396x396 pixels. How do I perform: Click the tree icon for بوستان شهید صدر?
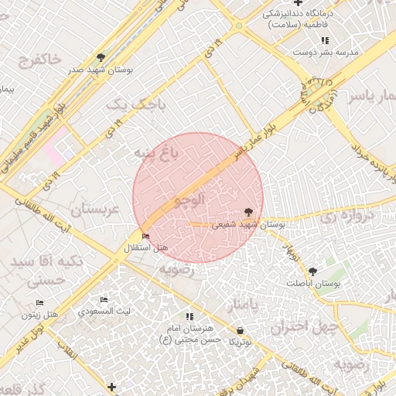coord(101,57)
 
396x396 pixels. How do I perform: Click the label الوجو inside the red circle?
coord(190,200)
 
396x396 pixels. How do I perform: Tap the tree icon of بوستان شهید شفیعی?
coord(248,212)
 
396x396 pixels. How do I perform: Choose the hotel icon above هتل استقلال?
coord(146,236)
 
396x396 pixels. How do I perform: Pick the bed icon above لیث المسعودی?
coord(104,300)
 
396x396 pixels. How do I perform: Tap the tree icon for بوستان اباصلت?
coord(312,271)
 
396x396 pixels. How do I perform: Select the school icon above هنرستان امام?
coord(190,316)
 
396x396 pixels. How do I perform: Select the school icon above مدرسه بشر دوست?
coord(326,40)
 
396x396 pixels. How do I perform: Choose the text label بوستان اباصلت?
coord(315,284)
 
